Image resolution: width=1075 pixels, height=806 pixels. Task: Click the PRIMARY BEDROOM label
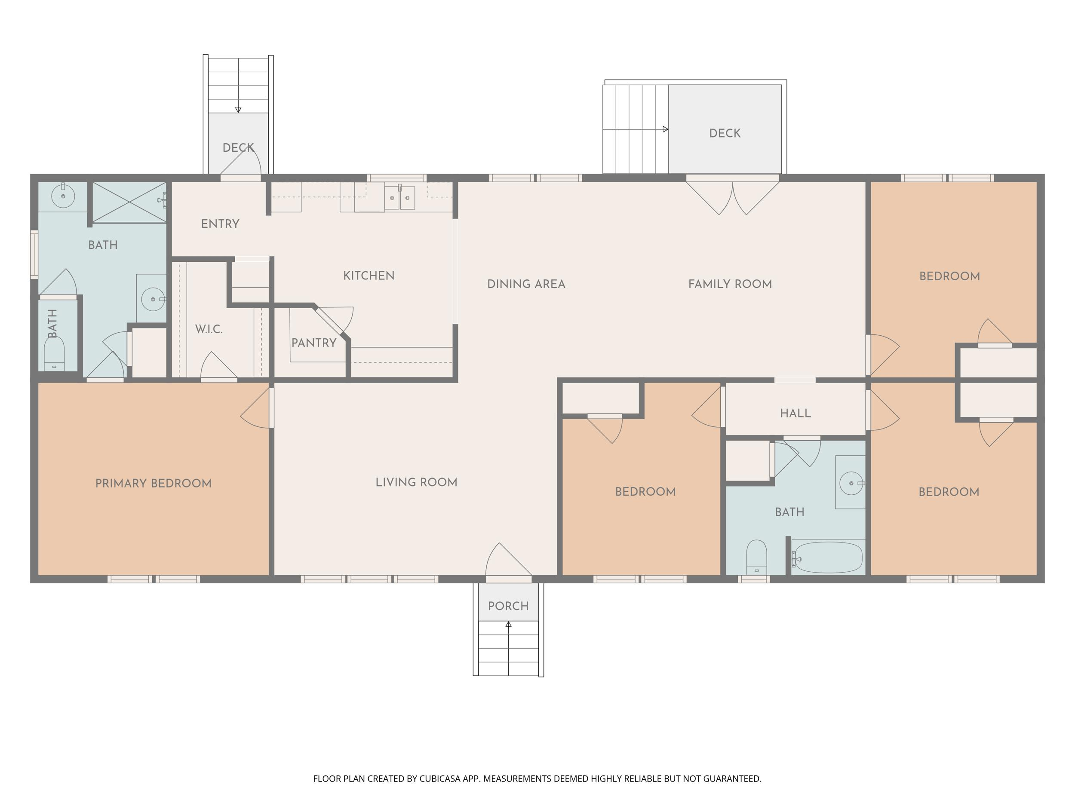click(154, 484)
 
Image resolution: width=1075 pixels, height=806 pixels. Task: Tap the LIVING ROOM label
click(417, 482)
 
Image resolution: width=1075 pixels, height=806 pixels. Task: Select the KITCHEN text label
click(369, 276)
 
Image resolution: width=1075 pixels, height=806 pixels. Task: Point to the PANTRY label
click(314, 343)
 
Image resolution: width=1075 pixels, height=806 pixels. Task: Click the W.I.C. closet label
click(209, 329)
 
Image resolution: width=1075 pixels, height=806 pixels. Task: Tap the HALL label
click(795, 414)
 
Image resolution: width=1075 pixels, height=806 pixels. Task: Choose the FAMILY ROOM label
click(730, 284)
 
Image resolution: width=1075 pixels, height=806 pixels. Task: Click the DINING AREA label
click(526, 284)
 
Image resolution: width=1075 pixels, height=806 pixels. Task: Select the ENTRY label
click(220, 224)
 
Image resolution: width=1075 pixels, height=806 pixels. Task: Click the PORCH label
click(508, 606)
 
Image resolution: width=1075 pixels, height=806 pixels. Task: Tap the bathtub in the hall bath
click(828, 557)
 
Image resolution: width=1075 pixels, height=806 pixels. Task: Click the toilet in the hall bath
click(757, 557)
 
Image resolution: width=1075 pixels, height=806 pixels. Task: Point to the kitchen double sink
click(400, 198)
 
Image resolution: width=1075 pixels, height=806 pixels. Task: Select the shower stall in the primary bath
click(129, 202)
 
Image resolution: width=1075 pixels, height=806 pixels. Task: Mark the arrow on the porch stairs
click(508, 648)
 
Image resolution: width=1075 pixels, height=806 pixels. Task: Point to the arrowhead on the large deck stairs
click(666, 129)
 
